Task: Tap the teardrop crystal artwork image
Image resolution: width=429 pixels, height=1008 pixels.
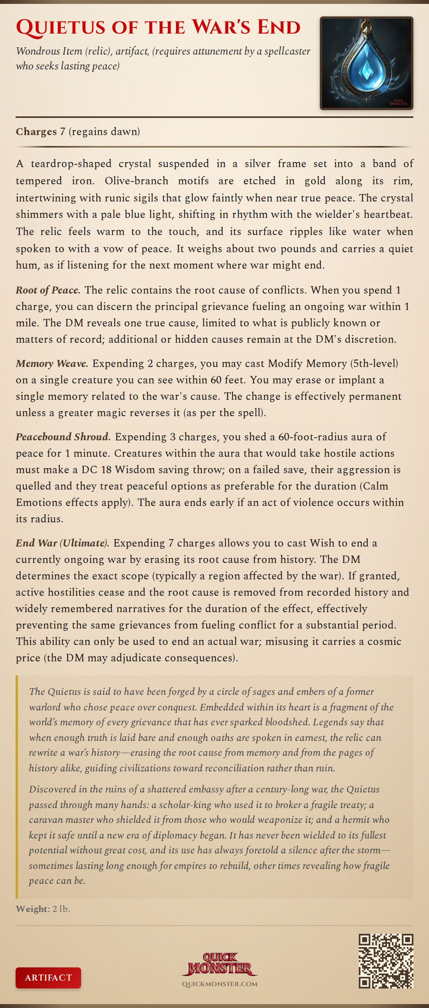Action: pos(367,63)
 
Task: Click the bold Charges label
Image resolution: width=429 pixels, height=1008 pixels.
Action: pos(36,132)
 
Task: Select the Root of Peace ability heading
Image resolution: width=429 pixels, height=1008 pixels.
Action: pos(48,290)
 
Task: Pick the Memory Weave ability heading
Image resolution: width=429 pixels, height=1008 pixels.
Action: pos(51,363)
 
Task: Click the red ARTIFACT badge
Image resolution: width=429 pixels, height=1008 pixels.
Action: pos(48,978)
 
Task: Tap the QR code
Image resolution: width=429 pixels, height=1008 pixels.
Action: pos(386,961)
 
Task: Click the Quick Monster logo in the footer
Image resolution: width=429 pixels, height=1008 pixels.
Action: pos(220,964)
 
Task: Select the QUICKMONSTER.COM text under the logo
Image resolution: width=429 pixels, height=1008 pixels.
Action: pos(220,984)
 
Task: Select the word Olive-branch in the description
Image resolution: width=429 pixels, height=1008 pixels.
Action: pos(136,181)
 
